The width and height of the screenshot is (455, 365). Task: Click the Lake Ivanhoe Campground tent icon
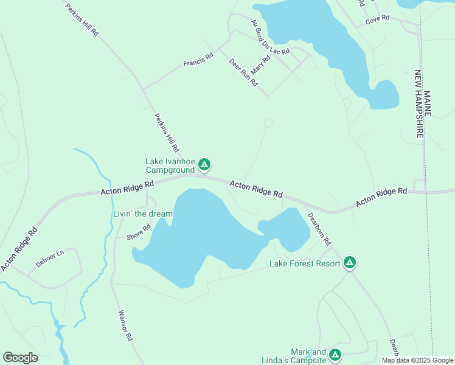[x=205, y=164]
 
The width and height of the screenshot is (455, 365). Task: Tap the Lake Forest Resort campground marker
[x=350, y=263]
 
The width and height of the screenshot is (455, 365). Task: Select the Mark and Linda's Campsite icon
[x=335, y=355]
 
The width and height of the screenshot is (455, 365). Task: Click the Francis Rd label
[x=198, y=60]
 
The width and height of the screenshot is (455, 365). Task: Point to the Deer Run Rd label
[x=243, y=72]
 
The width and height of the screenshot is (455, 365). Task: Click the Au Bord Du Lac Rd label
[x=271, y=37]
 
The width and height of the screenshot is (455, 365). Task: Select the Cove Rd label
[x=377, y=21]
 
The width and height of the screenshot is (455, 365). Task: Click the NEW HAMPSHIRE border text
[x=419, y=104]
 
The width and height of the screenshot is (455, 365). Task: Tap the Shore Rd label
[x=138, y=233]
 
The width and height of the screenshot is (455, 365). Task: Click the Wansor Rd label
[x=125, y=326]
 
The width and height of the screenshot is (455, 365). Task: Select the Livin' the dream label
[x=143, y=214]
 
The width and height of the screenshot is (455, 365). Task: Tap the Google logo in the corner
[x=20, y=358]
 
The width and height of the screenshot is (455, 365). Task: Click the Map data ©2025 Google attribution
[x=417, y=360]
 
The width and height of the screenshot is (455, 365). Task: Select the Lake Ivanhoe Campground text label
[x=170, y=165]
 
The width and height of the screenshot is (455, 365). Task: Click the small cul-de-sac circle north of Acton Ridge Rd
[x=268, y=123]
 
